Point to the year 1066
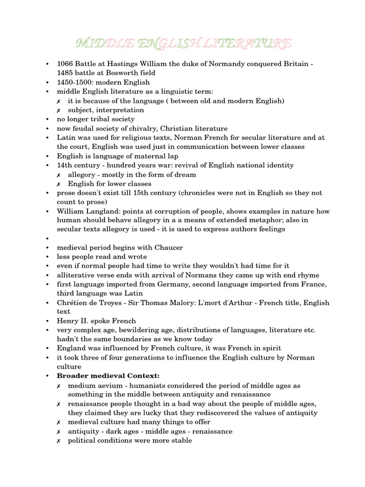click(x=66, y=64)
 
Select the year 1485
click(x=66, y=73)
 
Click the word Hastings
click(x=125, y=64)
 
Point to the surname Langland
click(x=101, y=211)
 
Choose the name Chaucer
click(x=167, y=248)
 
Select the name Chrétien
click(x=73, y=303)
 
